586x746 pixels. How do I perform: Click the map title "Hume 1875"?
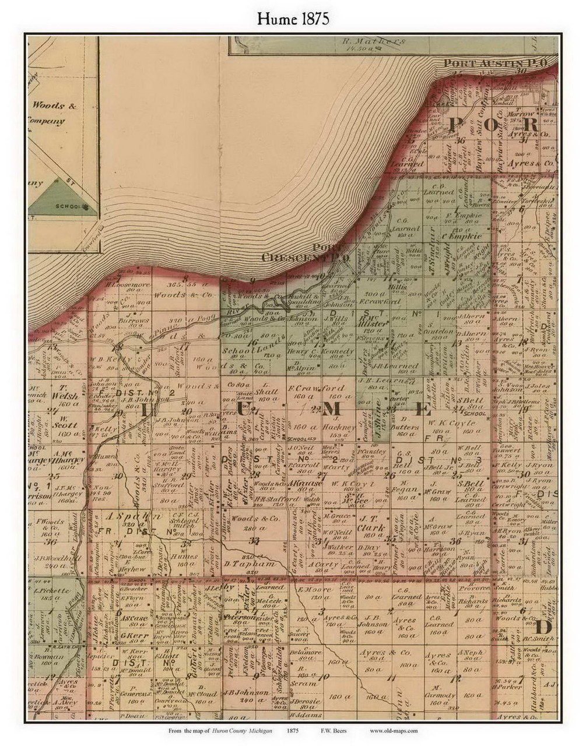click(293, 19)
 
